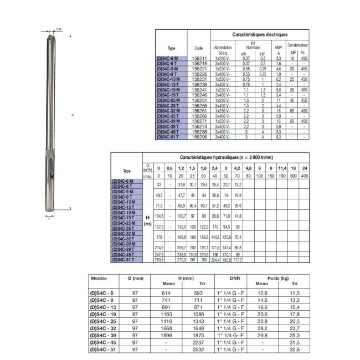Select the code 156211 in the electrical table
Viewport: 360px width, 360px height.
coord(199,58)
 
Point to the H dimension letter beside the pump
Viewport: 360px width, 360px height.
coord(73,116)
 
